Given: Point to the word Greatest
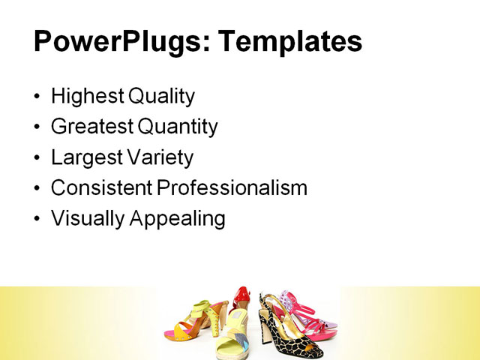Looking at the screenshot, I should click(x=89, y=127).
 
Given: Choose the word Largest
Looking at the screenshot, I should click(x=83, y=157).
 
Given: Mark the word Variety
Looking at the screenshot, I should click(x=159, y=157).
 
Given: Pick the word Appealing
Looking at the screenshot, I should click(x=178, y=218).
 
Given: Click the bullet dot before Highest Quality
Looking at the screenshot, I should click(x=38, y=97).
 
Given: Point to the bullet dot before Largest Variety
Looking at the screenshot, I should click(x=38, y=158).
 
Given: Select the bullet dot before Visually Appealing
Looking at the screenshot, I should click(x=38, y=219).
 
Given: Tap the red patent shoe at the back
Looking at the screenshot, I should click(x=242, y=300).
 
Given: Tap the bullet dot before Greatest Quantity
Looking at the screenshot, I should click(x=38, y=127).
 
